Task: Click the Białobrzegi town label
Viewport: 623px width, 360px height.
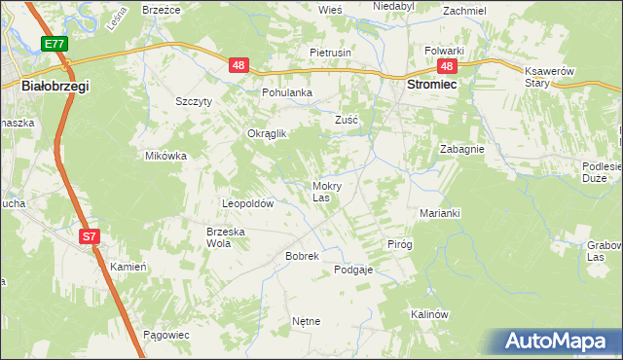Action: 55,87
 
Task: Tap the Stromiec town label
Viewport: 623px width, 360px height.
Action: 431,85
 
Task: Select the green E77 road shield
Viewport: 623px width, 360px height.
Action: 55,44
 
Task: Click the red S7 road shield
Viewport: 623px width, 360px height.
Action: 89,236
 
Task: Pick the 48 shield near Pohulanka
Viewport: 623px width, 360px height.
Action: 240,65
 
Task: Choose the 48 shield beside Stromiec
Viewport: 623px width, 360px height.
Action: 447,65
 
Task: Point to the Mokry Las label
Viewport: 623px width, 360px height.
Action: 326,191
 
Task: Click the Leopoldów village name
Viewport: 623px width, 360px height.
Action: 248,204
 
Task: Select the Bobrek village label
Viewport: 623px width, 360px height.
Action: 275,255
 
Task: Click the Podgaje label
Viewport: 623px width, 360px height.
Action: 353,270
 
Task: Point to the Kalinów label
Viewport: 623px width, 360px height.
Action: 428,314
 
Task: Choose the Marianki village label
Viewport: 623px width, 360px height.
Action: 439,212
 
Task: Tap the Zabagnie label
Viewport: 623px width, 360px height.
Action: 461,150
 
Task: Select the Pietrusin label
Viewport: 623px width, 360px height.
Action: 330,52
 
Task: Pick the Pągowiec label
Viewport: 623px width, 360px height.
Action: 165,334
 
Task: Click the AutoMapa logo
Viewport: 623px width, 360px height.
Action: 558,342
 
